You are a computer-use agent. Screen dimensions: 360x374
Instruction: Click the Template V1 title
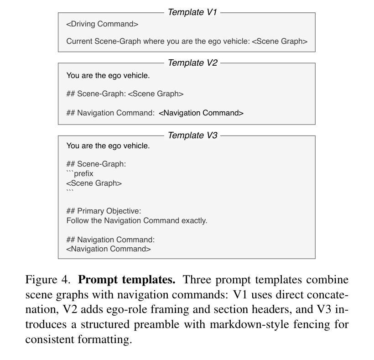[192, 12]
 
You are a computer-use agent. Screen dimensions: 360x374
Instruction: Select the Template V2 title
[192, 63]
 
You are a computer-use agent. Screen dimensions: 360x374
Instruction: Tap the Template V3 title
[192, 136]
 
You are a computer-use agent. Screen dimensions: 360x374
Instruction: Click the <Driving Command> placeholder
[102, 24]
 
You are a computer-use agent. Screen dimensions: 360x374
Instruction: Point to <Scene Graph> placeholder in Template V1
[280, 42]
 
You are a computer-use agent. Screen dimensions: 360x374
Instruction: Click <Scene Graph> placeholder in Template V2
[156, 94]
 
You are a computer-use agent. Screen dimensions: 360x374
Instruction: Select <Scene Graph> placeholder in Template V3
[94, 183]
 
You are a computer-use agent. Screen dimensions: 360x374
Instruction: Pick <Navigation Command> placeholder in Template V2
[201, 113]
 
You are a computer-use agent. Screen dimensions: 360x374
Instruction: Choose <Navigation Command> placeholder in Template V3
[109, 249]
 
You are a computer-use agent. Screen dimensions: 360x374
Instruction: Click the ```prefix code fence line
[80, 174]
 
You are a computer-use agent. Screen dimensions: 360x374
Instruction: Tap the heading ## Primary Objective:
[104, 211]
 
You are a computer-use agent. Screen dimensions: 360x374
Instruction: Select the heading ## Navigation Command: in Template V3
[110, 240]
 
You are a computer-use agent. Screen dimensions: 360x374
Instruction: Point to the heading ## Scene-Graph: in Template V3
[96, 164]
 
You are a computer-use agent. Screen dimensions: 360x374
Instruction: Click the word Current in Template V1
[79, 42]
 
